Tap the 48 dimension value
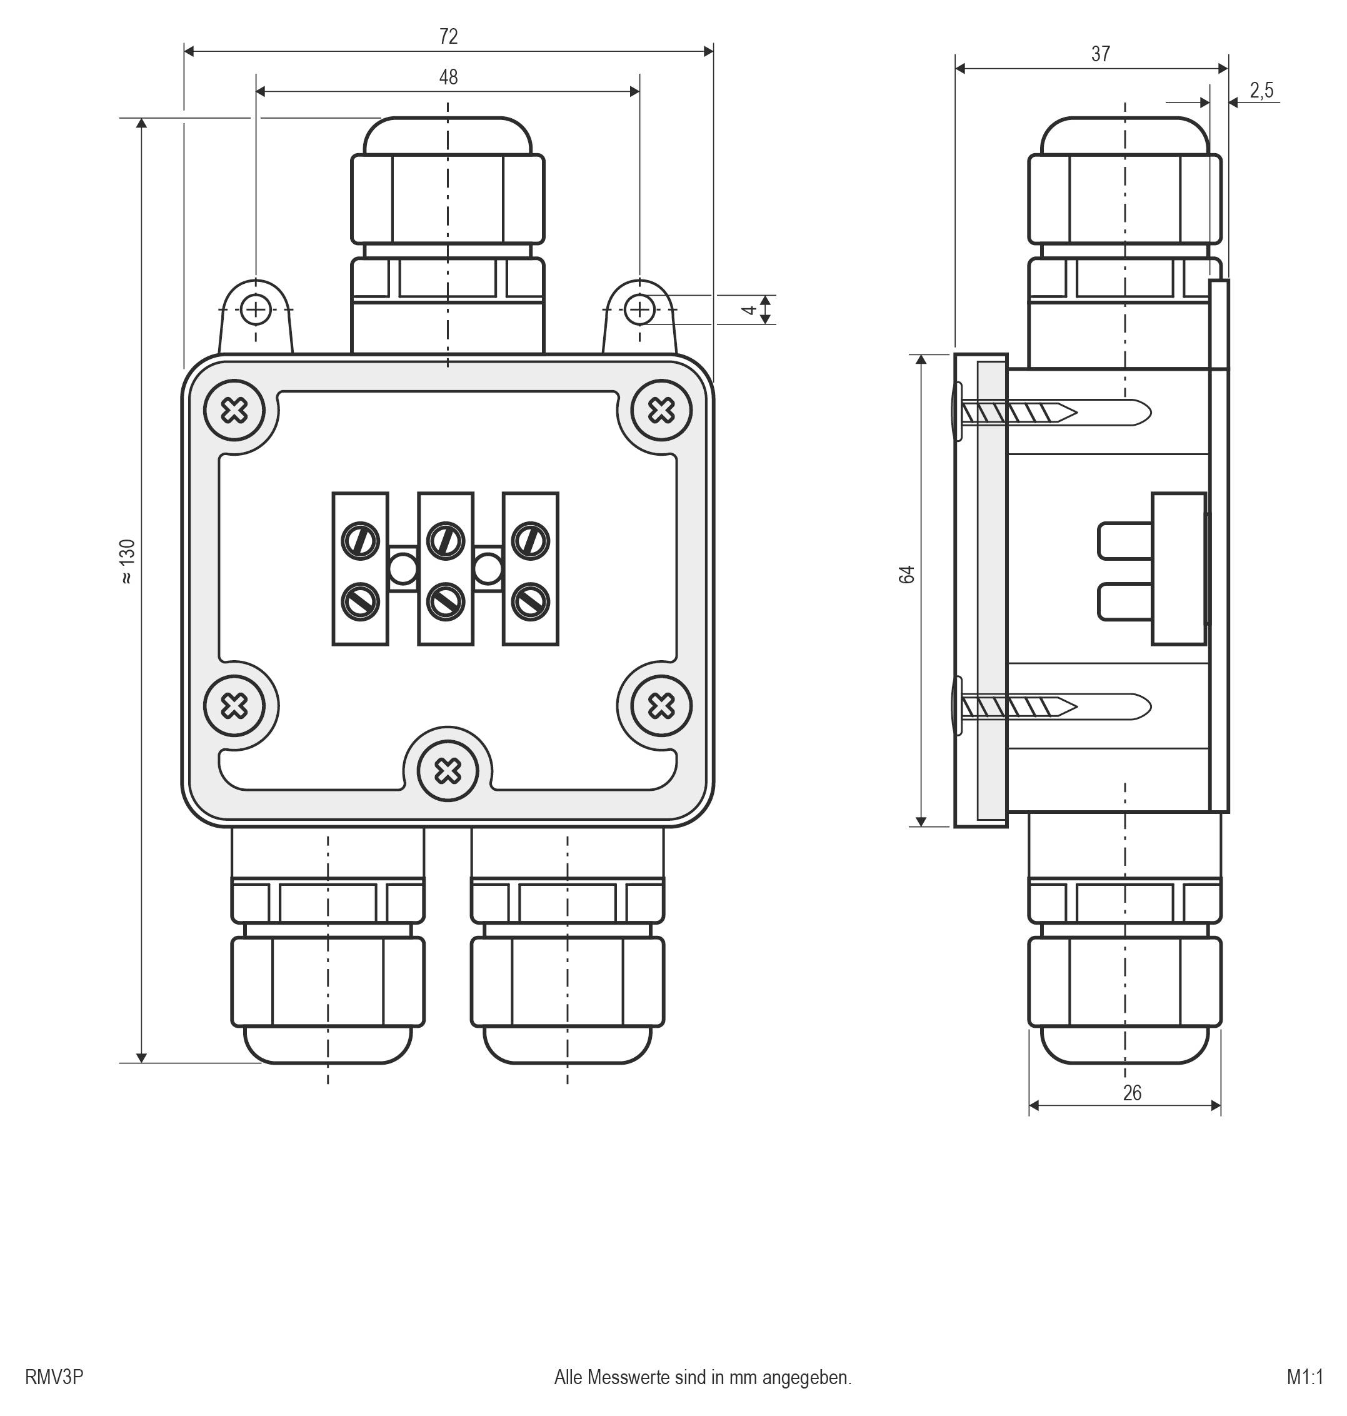pyautogui.click(x=448, y=77)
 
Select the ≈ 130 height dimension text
pyautogui.click(x=126, y=561)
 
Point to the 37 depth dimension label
pyautogui.click(x=1100, y=54)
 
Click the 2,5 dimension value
pyautogui.click(x=1261, y=91)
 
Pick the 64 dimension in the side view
pyautogui.click(x=907, y=575)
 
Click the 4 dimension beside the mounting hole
pyautogui.click(x=749, y=310)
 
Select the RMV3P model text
pyautogui.click(x=54, y=1377)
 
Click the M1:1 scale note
pyautogui.click(x=1304, y=1377)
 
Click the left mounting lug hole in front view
pyautogui.click(x=255, y=310)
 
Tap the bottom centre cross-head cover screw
pyautogui.click(x=448, y=772)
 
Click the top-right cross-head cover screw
pyautogui.click(x=661, y=411)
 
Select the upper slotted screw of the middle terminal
pyautogui.click(x=445, y=540)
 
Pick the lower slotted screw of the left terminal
pyautogui.click(x=361, y=601)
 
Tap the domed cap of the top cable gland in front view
pyautogui.click(x=448, y=136)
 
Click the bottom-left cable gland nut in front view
pyautogui.click(x=328, y=982)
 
